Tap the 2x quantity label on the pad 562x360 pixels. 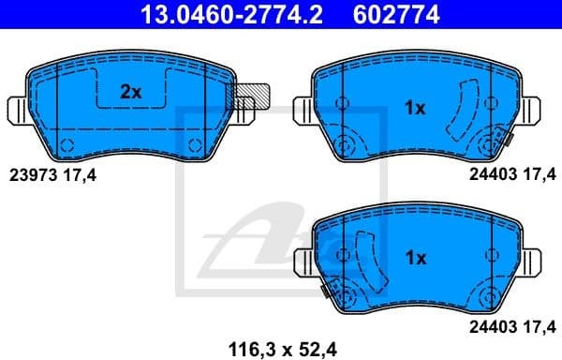coord(130,93)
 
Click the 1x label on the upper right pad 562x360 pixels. coord(414,109)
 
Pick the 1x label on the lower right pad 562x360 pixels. coord(414,256)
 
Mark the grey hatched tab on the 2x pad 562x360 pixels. coord(253,96)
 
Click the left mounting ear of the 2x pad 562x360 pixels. coord(16,110)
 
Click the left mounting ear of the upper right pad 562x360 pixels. coord(301,109)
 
